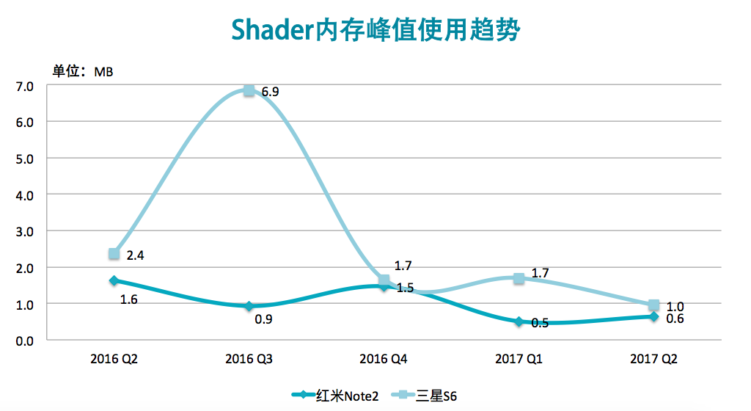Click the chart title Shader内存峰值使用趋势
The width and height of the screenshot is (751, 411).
(x=375, y=31)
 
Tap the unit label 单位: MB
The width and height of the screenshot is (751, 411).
(x=82, y=71)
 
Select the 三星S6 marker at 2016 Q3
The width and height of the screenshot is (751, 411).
(x=249, y=90)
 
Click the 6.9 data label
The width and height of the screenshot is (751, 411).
(x=271, y=92)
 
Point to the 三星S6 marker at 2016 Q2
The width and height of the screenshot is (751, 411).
(x=114, y=254)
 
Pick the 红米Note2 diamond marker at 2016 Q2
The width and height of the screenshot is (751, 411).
(x=114, y=280)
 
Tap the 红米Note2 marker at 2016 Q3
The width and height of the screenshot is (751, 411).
(x=249, y=306)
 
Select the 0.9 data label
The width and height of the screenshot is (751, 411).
(x=263, y=319)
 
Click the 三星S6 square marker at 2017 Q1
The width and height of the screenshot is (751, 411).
(x=519, y=278)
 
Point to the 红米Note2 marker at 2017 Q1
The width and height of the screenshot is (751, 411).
(x=519, y=321)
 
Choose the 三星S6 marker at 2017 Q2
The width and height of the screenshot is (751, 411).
(x=653, y=305)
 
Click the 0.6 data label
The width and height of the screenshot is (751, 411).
(x=675, y=319)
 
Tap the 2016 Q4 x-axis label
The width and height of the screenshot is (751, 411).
(x=384, y=360)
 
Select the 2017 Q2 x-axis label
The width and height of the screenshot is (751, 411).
(x=653, y=360)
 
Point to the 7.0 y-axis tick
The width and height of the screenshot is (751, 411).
(x=25, y=86)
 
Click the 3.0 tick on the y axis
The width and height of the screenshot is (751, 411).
(x=25, y=230)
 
